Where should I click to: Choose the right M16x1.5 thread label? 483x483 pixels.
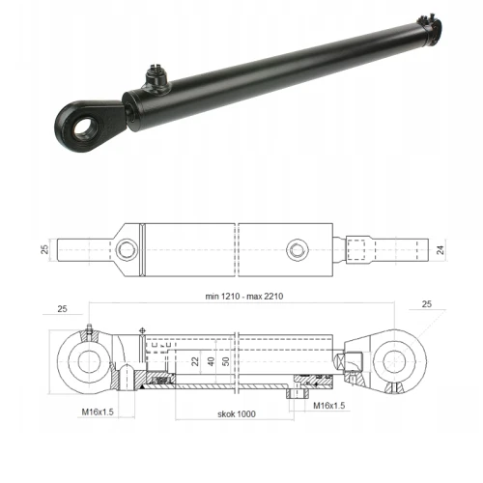pyautogui.click(x=327, y=405)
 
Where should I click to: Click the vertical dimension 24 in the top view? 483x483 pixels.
pyautogui.click(x=442, y=250)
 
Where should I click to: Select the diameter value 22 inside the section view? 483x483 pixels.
pyautogui.click(x=195, y=363)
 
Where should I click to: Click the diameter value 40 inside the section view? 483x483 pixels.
pyautogui.click(x=211, y=363)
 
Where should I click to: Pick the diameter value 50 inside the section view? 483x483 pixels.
pyautogui.click(x=227, y=363)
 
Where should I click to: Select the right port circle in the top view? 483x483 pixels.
pyautogui.click(x=296, y=250)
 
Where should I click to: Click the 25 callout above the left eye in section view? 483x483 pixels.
pyautogui.click(x=62, y=310)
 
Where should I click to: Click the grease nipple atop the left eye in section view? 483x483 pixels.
pyautogui.click(x=89, y=331)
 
